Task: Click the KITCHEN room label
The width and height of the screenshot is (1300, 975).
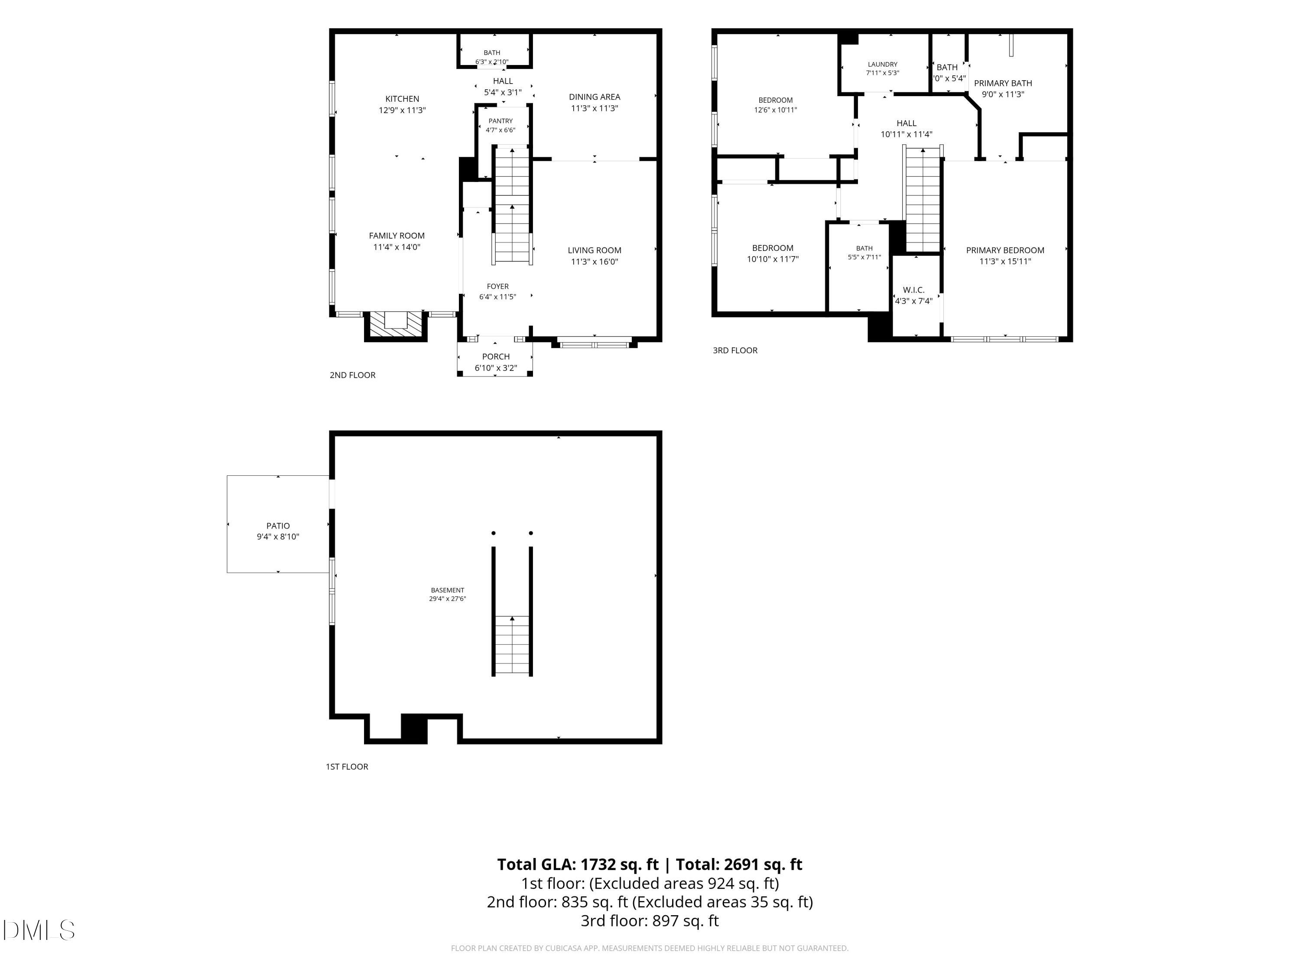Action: pyautogui.click(x=402, y=99)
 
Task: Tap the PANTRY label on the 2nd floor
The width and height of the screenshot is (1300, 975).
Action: pyautogui.click(x=500, y=121)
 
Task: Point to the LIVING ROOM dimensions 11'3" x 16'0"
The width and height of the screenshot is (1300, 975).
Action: pyautogui.click(x=594, y=262)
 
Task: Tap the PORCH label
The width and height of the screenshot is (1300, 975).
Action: pyautogui.click(x=495, y=357)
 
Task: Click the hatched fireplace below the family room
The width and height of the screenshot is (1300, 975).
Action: pyautogui.click(x=396, y=325)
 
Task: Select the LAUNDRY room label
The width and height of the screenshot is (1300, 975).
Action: pyautogui.click(x=882, y=65)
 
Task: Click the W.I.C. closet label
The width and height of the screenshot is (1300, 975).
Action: pyautogui.click(x=913, y=290)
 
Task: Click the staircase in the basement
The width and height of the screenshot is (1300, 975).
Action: pyautogui.click(x=512, y=645)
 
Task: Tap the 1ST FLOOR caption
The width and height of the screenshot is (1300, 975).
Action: pyautogui.click(x=347, y=767)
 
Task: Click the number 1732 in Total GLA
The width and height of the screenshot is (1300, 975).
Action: pyautogui.click(x=599, y=864)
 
